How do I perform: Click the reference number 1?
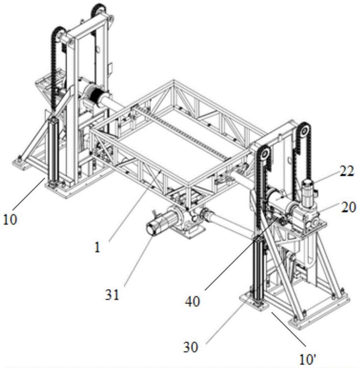tap(97, 248)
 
